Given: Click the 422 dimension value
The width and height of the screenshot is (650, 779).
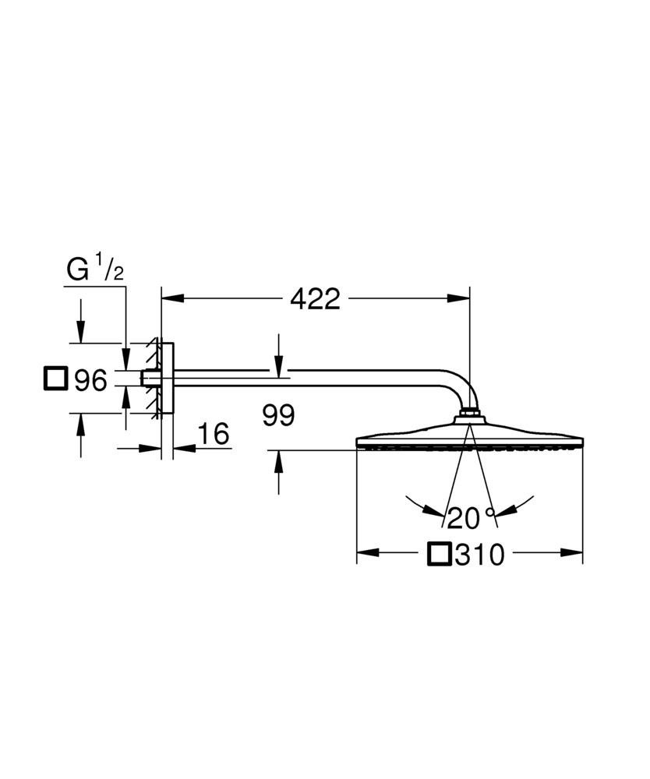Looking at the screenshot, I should click(315, 298).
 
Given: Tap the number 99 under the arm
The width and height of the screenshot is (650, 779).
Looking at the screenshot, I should click(278, 416).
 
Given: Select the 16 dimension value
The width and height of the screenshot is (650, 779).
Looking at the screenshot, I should click(214, 435).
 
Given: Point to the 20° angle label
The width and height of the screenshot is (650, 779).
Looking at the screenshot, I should click(471, 516).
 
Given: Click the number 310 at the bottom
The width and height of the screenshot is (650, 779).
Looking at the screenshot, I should click(481, 555).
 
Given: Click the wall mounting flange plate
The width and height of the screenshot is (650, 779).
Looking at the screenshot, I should click(168, 378).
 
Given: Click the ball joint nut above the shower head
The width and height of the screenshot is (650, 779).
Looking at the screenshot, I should click(470, 412).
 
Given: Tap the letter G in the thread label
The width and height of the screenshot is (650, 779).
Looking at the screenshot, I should click(78, 270).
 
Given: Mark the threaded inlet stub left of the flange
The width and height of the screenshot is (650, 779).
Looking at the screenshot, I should click(147, 378).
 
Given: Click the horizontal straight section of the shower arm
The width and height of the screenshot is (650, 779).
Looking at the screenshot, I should click(312, 379).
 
